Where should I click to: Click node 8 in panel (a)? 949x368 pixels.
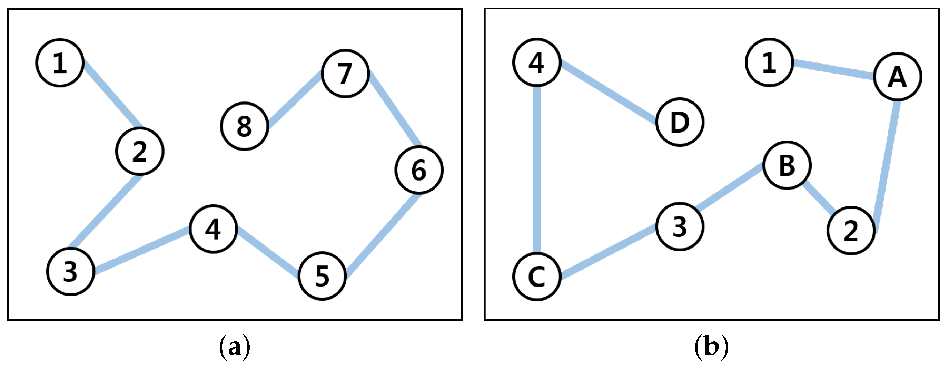point(244,126)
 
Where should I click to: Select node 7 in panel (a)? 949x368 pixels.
point(345,74)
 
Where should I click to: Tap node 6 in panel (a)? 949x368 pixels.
point(419,170)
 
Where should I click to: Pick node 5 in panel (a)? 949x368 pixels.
point(322,276)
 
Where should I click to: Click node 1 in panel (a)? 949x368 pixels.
point(60,63)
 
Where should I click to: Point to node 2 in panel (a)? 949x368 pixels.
point(140,151)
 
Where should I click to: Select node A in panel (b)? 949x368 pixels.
point(897,77)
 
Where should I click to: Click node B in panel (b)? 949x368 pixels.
point(787,165)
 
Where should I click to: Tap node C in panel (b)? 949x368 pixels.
point(537,276)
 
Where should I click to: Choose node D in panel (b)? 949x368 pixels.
point(680,122)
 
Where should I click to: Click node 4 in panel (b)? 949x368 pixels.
point(537,62)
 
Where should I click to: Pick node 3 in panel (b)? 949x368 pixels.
point(680,226)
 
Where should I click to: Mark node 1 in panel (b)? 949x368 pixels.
point(769,62)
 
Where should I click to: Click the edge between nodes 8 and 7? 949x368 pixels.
point(295,99)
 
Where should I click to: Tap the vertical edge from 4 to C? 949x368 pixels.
point(537,170)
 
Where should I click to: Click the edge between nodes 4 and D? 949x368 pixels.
point(608,92)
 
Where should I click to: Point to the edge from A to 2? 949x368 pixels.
point(887,166)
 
